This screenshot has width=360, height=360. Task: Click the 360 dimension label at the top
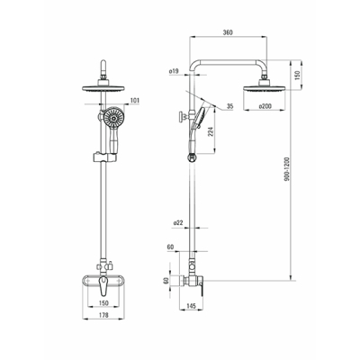[x=228, y=32]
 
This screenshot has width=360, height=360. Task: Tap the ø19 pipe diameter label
[x=174, y=71]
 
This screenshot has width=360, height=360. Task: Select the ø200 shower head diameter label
[x=265, y=106]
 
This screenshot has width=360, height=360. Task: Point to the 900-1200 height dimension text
[x=287, y=168]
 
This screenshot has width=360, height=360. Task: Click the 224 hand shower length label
[x=211, y=132]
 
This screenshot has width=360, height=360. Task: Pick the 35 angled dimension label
[x=230, y=106]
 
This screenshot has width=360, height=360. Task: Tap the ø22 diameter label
[x=178, y=223]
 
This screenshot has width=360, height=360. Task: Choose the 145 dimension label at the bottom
[x=191, y=306]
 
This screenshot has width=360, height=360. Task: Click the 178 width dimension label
[x=103, y=315]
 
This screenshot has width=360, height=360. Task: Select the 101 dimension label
[x=135, y=101]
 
